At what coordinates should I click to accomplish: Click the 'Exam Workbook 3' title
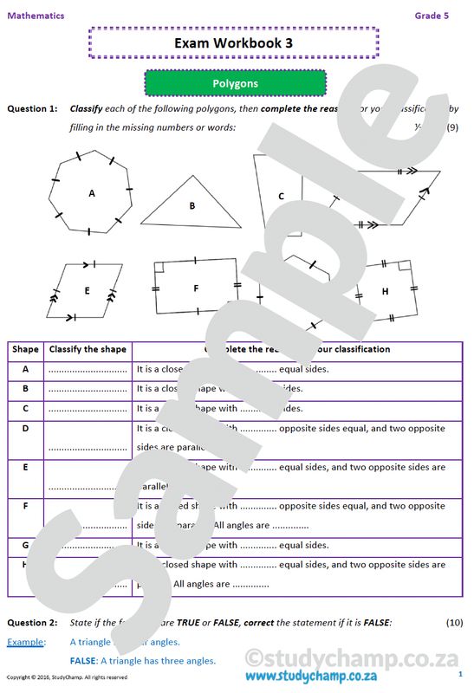pyautogui.click(x=233, y=42)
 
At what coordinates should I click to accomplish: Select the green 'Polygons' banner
pyautogui.click(x=235, y=83)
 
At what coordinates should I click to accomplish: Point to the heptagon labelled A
pyautogui.click(x=92, y=193)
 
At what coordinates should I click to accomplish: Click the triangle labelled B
pyautogui.click(x=192, y=206)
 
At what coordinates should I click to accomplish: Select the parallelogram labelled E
pyautogui.click(x=87, y=291)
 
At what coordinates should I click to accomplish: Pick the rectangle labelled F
pyautogui.click(x=197, y=288)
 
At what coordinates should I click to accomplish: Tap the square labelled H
pyautogui.click(x=386, y=291)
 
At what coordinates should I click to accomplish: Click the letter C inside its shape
pyautogui.click(x=281, y=197)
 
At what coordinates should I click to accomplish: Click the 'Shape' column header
pyautogui.click(x=25, y=349)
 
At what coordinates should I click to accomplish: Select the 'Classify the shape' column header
pyautogui.click(x=88, y=349)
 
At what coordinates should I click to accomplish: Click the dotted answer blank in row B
pyautogui.click(x=88, y=390)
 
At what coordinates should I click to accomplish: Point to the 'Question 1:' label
pyautogui.click(x=32, y=108)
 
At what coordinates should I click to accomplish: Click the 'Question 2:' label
pyautogui.click(x=32, y=623)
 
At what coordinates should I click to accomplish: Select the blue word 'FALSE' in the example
pyautogui.click(x=82, y=660)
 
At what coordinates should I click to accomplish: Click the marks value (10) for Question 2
pyautogui.click(x=454, y=623)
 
